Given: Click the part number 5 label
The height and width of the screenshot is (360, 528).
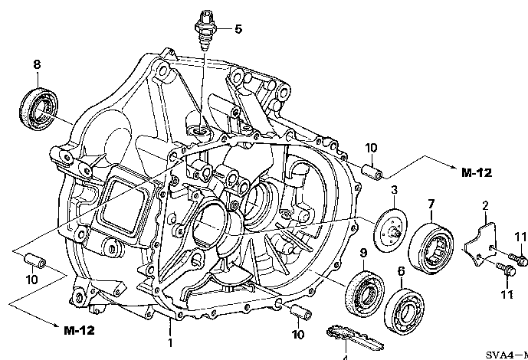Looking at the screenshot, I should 238,29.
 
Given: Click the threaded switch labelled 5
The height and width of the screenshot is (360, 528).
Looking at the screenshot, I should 206,29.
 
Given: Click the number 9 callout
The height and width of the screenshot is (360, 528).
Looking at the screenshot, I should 362,253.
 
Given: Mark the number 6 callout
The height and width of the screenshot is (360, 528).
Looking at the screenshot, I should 400,270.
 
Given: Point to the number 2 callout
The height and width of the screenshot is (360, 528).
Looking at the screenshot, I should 485,205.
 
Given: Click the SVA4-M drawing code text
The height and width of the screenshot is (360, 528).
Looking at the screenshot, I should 506,355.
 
